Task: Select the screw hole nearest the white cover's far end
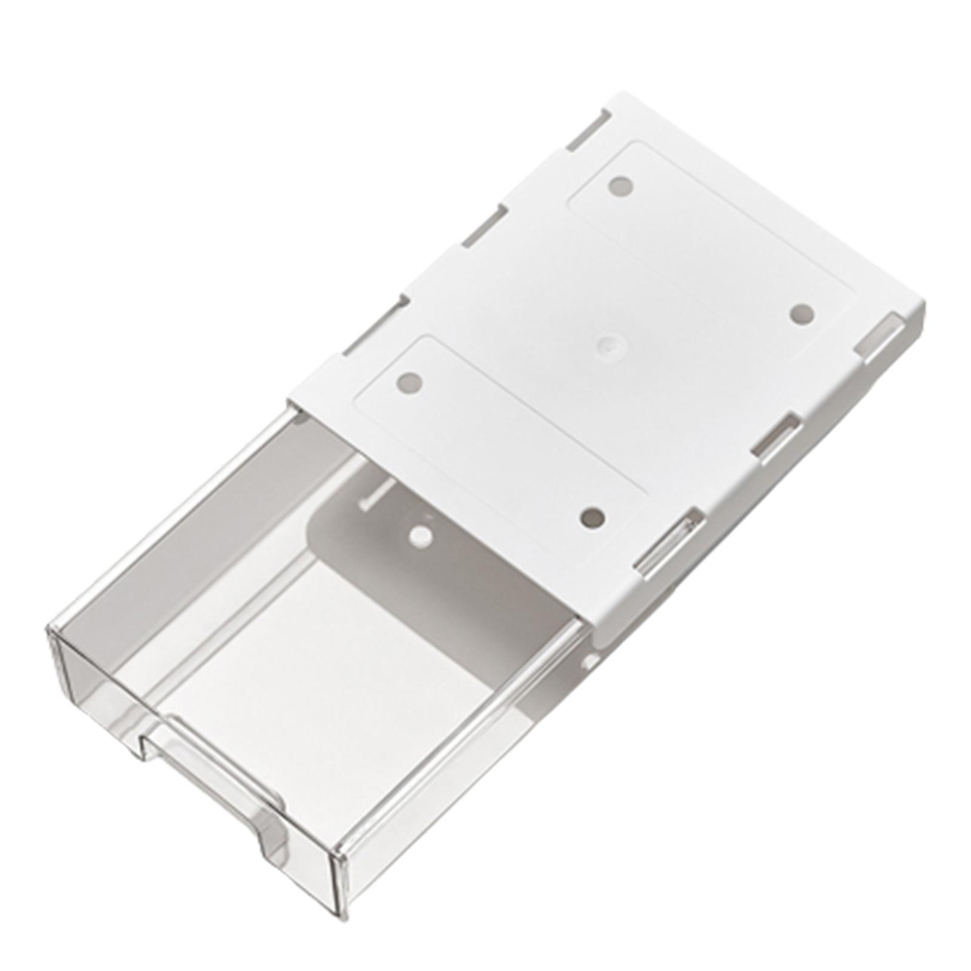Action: (x=620, y=186)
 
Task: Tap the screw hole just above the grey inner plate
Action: (x=592, y=517)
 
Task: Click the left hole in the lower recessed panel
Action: (x=409, y=382)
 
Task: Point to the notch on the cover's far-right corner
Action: (x=879, y=340)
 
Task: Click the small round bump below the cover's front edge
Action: (x=586, y=662)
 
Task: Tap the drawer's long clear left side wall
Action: (x=182, y=522)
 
